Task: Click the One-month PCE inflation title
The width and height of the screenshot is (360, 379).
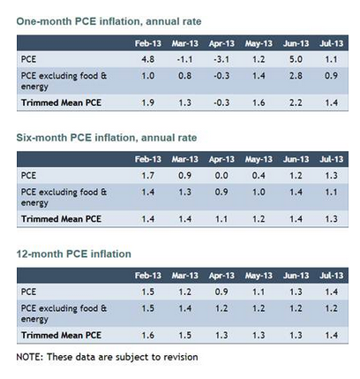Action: (109, 21)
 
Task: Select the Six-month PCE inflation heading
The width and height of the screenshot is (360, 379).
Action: (107, 138)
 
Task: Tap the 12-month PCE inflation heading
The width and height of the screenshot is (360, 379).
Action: (73, 254)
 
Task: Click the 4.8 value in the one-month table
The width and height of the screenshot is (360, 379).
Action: (147, 59)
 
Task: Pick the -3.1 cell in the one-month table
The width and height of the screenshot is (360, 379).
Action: (221, 59)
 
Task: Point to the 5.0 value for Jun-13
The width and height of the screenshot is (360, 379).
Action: (296, 59)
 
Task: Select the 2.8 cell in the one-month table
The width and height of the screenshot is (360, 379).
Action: (296, 76)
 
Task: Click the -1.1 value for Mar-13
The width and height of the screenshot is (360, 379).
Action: (184, 59)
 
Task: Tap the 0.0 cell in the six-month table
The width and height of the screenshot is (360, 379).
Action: (221, 176)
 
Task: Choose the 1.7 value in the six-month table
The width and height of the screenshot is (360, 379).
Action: (147, 176)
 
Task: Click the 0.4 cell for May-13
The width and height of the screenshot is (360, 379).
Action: (259, 176)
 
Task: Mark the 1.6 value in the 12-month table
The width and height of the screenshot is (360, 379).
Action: (147, 335)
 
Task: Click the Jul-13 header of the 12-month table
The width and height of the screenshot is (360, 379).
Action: (331, 276)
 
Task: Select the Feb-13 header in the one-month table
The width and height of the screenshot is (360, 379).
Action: (148, 43)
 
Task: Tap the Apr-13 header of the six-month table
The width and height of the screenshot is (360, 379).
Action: (221, 159)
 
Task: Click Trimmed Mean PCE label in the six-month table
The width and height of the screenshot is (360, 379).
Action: (61, 219)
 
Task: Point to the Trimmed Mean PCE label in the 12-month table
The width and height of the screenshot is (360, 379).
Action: (61, 335)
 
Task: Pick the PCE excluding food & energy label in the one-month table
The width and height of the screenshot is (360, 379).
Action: (64, 81)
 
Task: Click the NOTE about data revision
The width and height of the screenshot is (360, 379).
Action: (107, 357)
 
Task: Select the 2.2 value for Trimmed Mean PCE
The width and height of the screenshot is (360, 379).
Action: (296, 102)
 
